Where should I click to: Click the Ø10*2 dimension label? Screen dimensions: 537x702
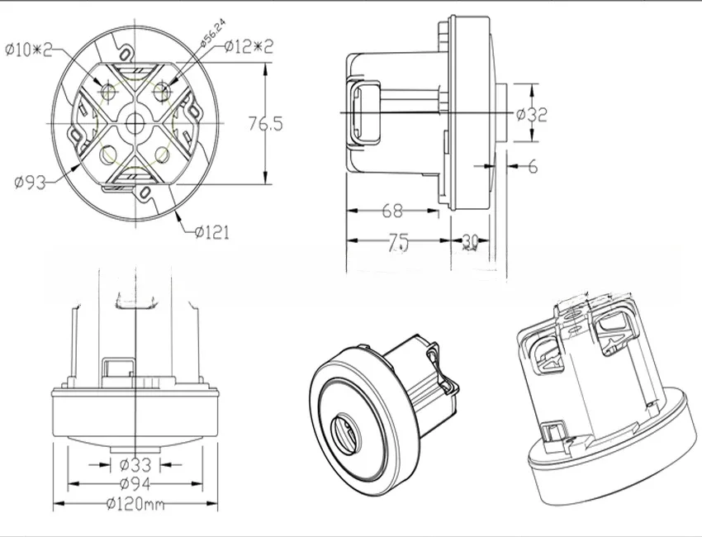click(x=28, y=50)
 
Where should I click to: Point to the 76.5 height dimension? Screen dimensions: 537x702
click(x=266, y=124)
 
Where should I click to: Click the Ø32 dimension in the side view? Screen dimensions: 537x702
click(x=532, y=116)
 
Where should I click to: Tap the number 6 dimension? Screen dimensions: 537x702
click(x=532, y=167)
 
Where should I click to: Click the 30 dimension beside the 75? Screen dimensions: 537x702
click(x=470, y=241)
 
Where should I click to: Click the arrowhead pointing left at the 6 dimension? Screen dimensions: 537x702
click(x=511, y=166)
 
